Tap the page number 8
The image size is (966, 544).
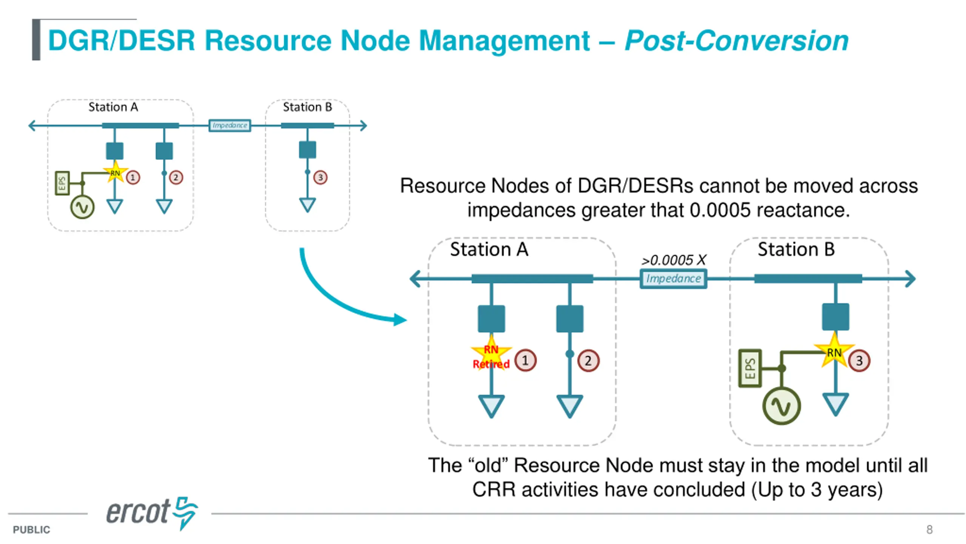(929, 529)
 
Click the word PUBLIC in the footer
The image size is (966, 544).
(31, 530)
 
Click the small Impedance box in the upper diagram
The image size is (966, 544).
(229, 125)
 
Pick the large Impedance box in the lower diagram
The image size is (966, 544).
(673, 279)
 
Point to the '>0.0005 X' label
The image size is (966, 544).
(673, 260)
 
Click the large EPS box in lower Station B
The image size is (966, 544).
(750, 368)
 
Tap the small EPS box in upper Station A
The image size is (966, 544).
(62, 183)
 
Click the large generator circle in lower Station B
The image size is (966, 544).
(781, 406)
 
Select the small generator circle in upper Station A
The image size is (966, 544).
(82, 207)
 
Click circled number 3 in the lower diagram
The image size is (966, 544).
(859, 361)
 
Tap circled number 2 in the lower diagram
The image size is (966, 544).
(588, 361)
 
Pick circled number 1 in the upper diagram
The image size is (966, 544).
(132, 177)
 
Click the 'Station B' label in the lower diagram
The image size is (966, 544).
(796, 249)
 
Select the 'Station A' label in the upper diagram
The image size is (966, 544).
(113, 107)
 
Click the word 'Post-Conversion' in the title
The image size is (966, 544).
(736, 40)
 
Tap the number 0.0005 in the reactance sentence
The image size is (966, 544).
(720, 210)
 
